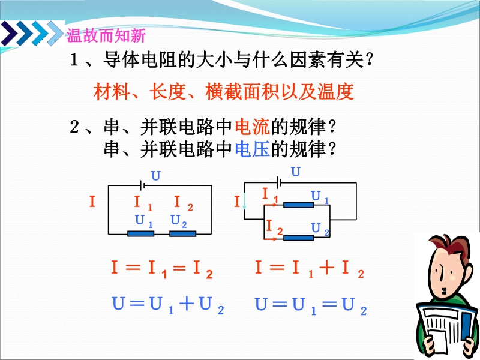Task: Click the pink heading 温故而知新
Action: pyautogui.click(x=106, y=35)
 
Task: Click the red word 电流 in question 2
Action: pyautogui.click(x=252, y=127)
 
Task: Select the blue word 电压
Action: pyautogui.click(x=252, y=149)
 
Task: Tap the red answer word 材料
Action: pyautogui.click(x=112, y=92)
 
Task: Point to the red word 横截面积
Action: pyautogui.click(x=242, y=92)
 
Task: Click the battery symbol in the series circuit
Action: pyautogui.click(x=142, y=185)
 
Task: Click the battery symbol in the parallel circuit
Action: pyautogui.click(x=278, y=182)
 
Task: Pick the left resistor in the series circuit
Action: pyautogui.click(x=140, y=234)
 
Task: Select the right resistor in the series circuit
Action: pyautogui.click(x=183, y=234)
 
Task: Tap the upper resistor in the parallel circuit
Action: pyautogui.click(x=298, y=205)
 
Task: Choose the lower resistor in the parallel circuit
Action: pyautogui.click(x=298, y=238)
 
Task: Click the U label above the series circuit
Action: pyautogui.click(x=156, y=176)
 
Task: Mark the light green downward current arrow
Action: pyautogui.click(x=244, y=202)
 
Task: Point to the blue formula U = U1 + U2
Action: pyautogui.click(x=169, y=305)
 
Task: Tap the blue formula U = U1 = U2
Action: pyautogui.click(x=311, y=305)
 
